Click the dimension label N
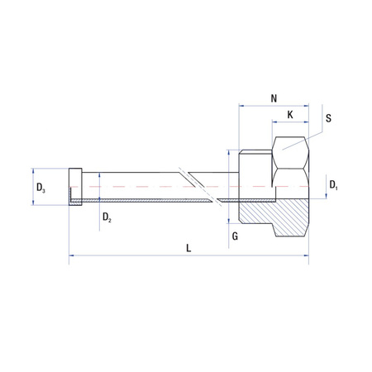274,98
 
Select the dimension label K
290,113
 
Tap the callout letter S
329,118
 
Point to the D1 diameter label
333,184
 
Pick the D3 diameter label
41,189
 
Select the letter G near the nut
236,236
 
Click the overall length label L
189,248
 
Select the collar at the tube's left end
75,188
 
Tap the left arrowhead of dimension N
241,106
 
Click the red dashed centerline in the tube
149,188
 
